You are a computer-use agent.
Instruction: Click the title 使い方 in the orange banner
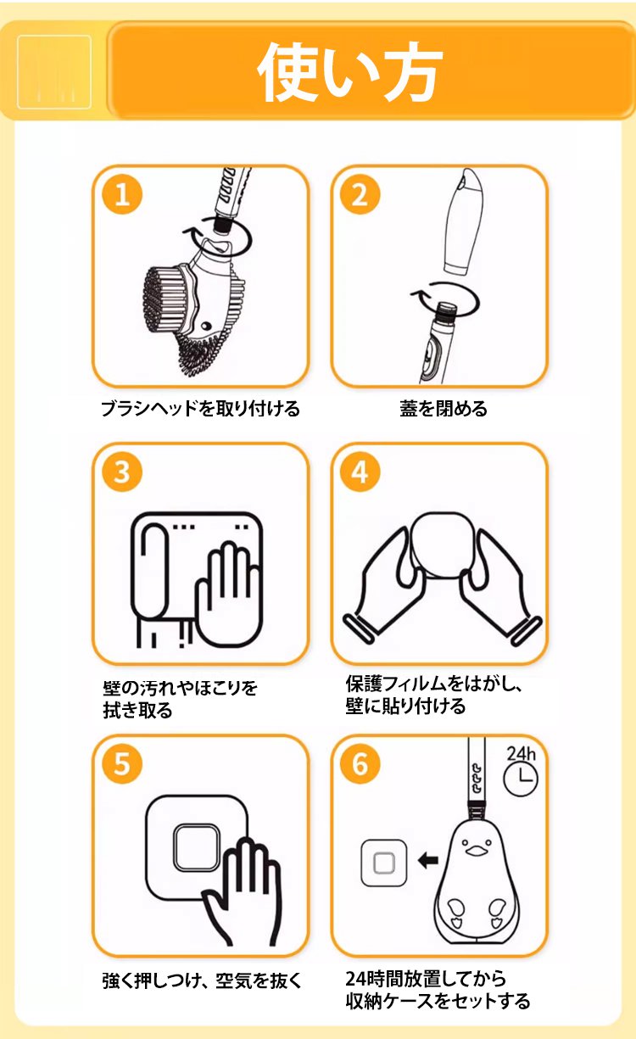(x=349, y=71)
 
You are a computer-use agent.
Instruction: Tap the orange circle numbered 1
(x=122, y=194)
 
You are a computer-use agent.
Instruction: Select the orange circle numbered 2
(x=360, y=194)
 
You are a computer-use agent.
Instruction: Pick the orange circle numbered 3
(x=122, y=472)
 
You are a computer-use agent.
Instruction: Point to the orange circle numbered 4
(x=360, y=472)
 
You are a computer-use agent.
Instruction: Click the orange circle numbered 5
(x=122, y=764)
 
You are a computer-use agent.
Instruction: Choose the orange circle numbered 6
(x=360, y=764)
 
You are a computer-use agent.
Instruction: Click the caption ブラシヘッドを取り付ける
(x=200, y=409)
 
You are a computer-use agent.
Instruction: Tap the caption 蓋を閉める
(x=444, y=409)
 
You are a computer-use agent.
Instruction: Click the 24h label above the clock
(x=521, y=754)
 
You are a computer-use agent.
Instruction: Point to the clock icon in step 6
(x=521, y=779)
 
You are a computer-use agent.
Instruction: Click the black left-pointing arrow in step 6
(x=428, y=861)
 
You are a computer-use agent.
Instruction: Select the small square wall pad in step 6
(x=383, y=863)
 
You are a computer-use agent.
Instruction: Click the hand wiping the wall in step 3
(x=228, y=595)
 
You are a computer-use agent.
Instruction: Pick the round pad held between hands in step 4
(x=443, y=545)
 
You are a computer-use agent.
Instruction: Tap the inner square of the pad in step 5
(x=196, y=848)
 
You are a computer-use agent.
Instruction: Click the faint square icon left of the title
(x=54, y=72)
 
